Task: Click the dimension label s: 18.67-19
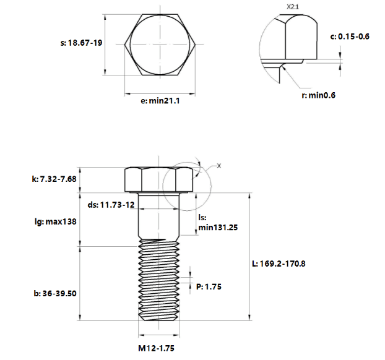click(81, 43)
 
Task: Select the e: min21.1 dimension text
click(160, 101)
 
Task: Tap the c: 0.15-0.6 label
click(350, 36)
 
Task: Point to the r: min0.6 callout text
click(318, 95)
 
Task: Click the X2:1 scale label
click(293, 7)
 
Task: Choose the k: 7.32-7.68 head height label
click(54, 179)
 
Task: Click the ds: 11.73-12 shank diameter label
click(111, 205)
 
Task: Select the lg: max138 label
click(56, 221)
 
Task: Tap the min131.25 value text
click(218, 228)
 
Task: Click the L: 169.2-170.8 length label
click(279, 264)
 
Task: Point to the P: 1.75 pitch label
click(209, 286)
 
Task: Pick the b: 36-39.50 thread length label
click(55, 293)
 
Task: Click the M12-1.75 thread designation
click(157, 348)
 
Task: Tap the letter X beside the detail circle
click(218, 166)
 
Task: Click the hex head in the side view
click(158, 180)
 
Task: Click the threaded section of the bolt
click(158, 280)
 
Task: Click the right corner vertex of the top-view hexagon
click(196, 45)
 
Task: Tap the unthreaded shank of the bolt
click(158, 216)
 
